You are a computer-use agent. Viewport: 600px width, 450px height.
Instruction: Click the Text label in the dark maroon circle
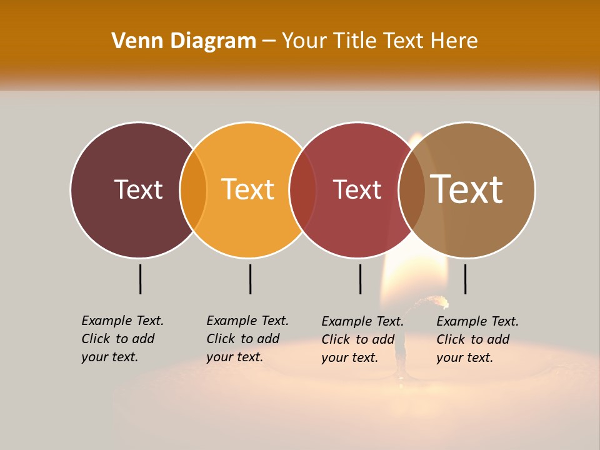point(138,189)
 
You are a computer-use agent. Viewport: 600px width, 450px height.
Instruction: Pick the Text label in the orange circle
point(247,189)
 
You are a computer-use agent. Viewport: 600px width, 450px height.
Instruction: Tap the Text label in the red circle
point(357,189)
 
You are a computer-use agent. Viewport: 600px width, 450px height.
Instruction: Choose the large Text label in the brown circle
point(467,189)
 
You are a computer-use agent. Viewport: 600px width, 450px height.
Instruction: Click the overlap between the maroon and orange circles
point(193,189)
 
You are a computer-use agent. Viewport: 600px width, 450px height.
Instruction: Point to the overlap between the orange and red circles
point(302,189)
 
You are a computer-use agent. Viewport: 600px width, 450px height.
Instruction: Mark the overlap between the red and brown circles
point(412,189)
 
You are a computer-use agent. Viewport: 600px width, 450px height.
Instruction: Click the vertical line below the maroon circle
point(140,279)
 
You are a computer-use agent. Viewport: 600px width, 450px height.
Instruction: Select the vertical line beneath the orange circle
point(250,279)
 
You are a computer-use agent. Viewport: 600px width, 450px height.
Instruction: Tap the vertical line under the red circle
point(360,279)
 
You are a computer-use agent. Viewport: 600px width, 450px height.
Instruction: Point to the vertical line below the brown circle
point(465,279)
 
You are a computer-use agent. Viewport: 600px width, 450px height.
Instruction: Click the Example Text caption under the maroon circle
point(122,339)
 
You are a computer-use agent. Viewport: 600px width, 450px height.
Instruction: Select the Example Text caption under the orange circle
point(247,339)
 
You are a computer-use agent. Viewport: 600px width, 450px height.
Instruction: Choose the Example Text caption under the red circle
point(362,339)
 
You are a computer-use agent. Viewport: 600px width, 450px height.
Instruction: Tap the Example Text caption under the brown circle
point(477,339)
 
